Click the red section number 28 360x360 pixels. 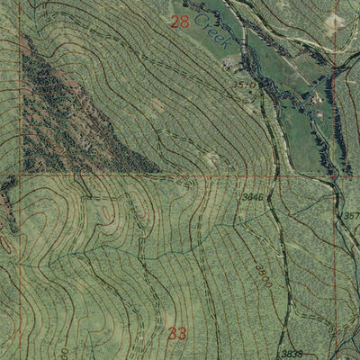(x=180, y=22)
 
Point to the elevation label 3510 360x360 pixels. (x=243, y=84)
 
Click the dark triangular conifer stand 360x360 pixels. (x=63, y=108)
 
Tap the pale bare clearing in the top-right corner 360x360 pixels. (x=335, y=20)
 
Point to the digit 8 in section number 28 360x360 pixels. (x=185, y=22)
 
